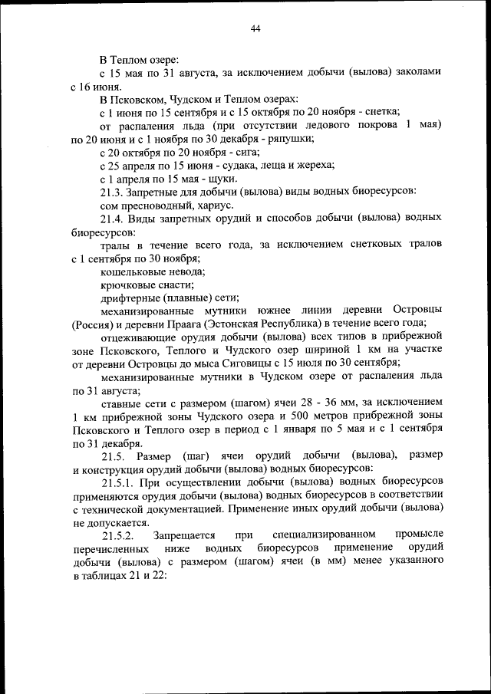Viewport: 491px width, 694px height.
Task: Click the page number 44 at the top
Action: point(255,28)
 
